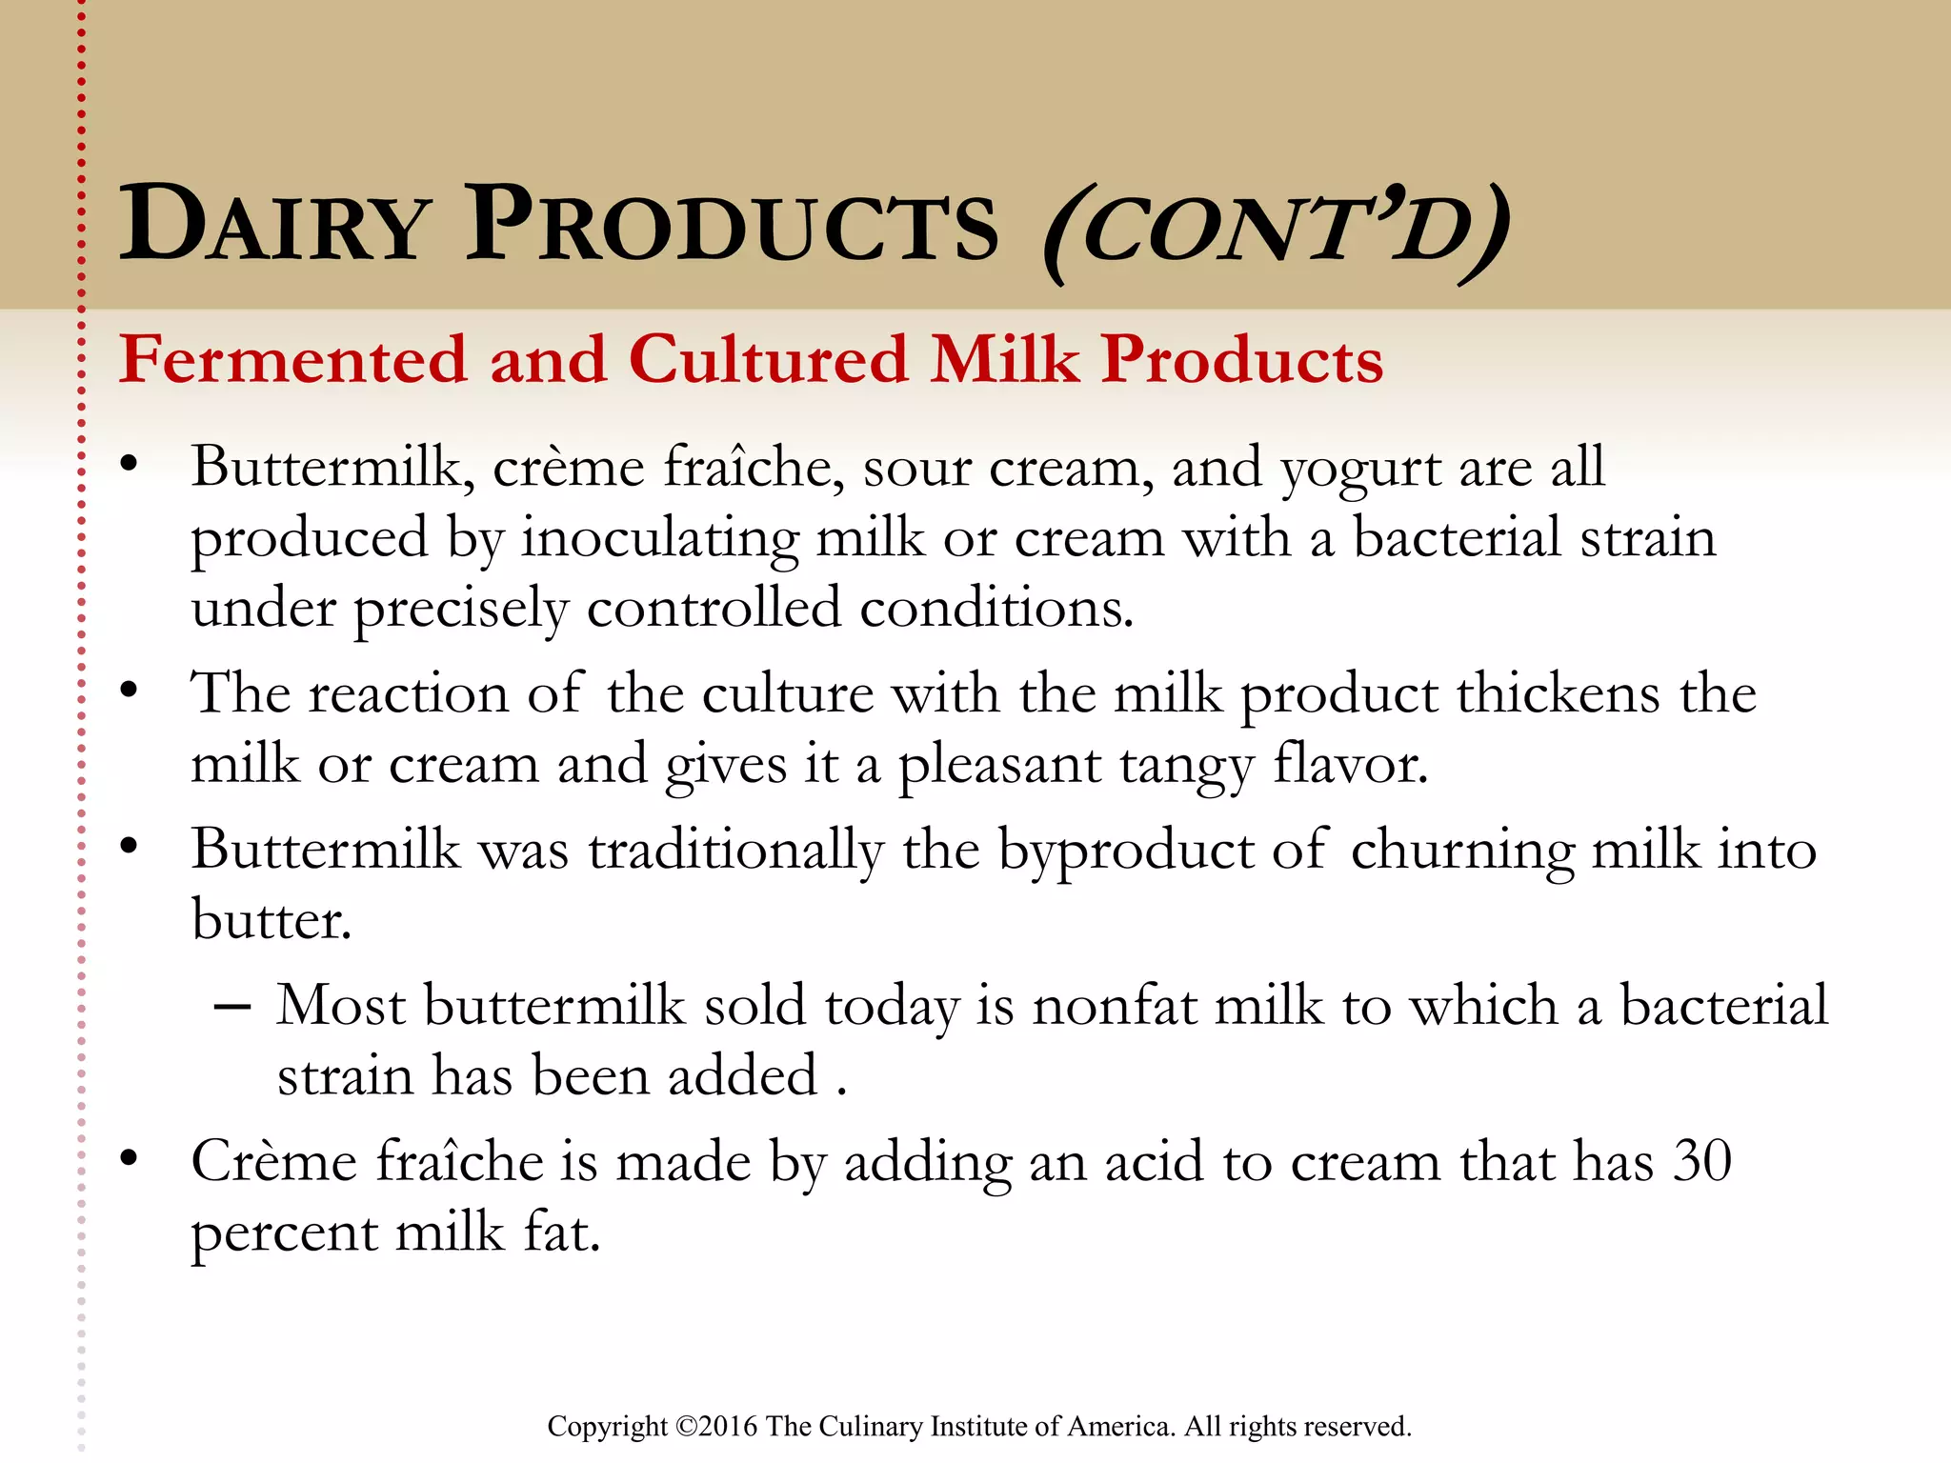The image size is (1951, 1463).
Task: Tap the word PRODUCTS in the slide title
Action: click(x=732, y=226)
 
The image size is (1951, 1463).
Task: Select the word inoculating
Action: click(x=660, y=540)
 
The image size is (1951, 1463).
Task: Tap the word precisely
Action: click(x=461, y=611)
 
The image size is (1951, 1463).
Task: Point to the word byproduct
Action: click(x=1125, y=851)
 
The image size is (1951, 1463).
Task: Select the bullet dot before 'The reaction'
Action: click(x=130, y=690)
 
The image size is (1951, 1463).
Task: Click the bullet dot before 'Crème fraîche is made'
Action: click(x=130, y=1158)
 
